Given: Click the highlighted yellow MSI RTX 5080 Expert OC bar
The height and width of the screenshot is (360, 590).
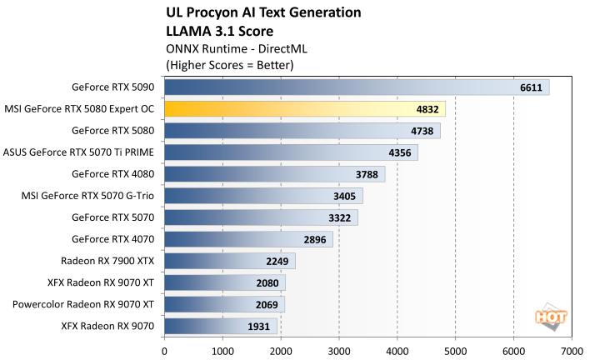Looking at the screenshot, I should [x=305, y=109].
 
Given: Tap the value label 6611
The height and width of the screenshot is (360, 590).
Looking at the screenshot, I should [x=531, y=87].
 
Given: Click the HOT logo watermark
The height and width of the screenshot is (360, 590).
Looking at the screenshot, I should [x=547, y=317].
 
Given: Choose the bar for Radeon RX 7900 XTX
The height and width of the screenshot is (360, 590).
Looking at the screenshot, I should [x=230, y=261].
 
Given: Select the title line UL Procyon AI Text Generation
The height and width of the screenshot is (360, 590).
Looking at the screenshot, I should [x=264, y=12].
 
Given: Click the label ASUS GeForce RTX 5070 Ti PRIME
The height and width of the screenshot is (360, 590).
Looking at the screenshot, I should [x=80, y=152].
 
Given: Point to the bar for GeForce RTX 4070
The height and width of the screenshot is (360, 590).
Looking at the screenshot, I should [x=248, y=239].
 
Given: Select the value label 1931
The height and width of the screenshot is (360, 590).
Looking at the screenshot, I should [x=258, y=326].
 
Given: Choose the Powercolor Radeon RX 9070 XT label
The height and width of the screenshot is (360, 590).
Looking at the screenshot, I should [x=83, y=304].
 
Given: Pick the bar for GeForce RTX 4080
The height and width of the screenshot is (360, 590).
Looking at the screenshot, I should [x=274, y=174].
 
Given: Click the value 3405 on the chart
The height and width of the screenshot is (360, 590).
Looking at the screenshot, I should [x=344, y=196].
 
